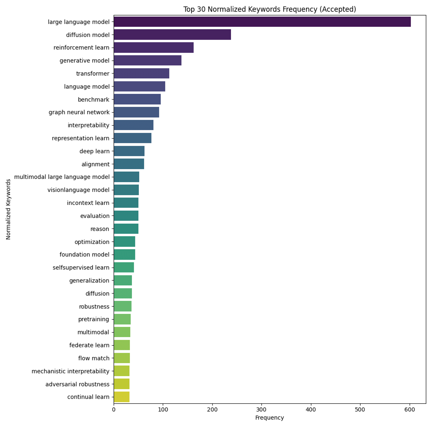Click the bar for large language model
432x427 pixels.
(x=262, y=22)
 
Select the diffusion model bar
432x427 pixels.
(x=172, y=35)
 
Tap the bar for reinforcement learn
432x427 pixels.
(x=154, y=48)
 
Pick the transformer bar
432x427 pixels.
(x=141, y=74)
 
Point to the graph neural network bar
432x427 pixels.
(x=136, y=112)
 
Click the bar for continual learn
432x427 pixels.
(x=121, y=397)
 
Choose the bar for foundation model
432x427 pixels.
(x=124, y=255)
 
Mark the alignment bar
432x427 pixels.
(x=129, y=164)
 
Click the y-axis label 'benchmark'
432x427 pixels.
(x=94, y=99)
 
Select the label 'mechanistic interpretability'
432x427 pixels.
(x=70, y=371)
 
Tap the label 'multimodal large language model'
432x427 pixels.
(x=62, y=177)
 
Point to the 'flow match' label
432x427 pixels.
(x=94, y=358)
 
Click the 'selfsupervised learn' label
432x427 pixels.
(x=81, y=267)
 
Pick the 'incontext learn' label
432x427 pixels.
(x=88, y=203)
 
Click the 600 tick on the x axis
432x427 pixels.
(x=409, y=410)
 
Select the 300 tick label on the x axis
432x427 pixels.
(x=262, y=410)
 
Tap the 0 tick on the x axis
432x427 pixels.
(x=114, y=410)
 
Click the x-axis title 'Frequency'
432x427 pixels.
(x=269, y=418)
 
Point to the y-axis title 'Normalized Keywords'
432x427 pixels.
(x=8, y=209)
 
